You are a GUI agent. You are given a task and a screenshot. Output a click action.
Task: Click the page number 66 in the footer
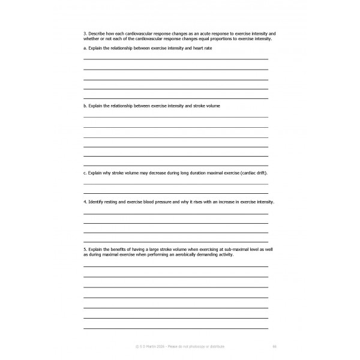[x=274, y=346]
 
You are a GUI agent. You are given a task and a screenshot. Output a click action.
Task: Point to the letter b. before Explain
[x=85, y=106]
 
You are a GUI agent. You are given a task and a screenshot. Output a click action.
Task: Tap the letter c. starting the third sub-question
[x=85, y=173]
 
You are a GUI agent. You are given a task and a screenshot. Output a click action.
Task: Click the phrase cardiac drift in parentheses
[x=253, y=173]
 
